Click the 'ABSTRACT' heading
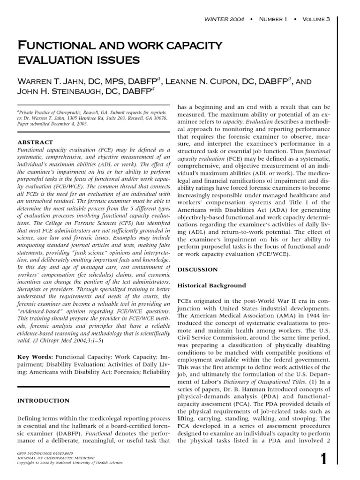35,142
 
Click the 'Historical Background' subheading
211,285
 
